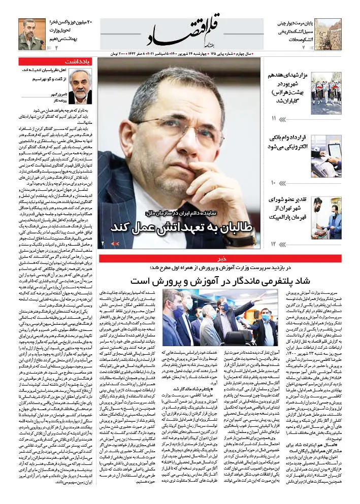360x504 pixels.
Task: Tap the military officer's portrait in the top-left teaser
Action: click(31, 33)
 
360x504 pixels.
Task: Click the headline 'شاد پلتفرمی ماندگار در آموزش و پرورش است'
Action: click(218, 280)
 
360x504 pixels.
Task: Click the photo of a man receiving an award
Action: click(326, 218)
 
